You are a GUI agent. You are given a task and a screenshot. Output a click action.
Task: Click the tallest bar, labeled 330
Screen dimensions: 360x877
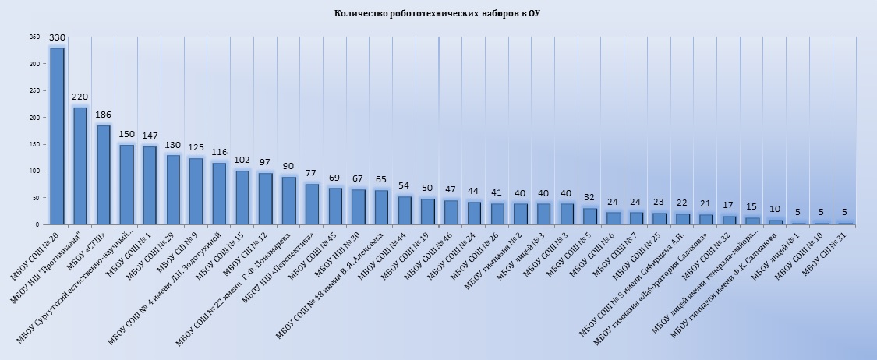click(57, 136)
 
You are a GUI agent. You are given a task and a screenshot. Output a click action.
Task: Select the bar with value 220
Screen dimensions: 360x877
click(80, 166)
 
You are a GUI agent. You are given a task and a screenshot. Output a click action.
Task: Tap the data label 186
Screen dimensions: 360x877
click(103, 115)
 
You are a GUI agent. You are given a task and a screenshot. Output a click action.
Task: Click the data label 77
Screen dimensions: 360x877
click(312, 173)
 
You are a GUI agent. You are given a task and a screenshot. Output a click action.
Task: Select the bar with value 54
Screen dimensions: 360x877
click(405, 210)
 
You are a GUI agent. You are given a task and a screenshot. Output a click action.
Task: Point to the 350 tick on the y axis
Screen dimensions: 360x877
click(34, 37)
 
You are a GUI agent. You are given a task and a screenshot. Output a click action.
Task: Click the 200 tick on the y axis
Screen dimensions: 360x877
click(34, 118)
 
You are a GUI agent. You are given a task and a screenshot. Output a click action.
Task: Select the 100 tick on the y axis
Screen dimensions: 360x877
click(34, 171)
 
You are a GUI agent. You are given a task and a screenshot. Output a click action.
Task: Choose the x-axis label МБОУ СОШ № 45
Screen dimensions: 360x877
click(317, 249)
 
